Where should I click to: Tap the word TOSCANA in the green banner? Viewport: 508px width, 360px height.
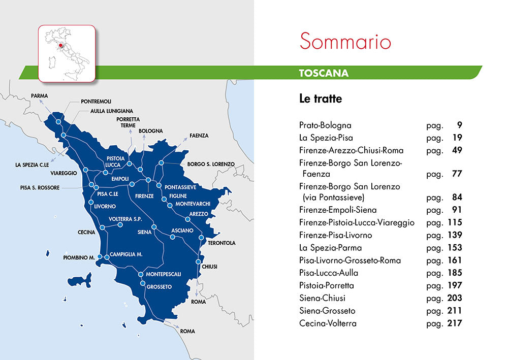pyautogui.click(x=324, y=73)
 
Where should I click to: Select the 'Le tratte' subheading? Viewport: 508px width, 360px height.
pyautogui.click(x=321, y=99)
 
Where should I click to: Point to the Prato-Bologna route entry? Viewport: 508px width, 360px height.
pyautogui.click(x=325, y=125)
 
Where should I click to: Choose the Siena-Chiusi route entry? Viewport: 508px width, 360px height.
pyautogui.click(x=322, y=298)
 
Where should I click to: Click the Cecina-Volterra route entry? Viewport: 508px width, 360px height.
pyautogui.click(x=328, y=323)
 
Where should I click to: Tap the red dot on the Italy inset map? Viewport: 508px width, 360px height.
pyautogui.click(x=60, y=45)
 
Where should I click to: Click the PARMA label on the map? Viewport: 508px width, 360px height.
pyautogui.click(x=40, y=95)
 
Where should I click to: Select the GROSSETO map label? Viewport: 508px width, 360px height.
pyautogui.click(x=159, y=287)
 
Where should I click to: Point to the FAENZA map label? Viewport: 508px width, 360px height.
pyautogui.click(x=199, y=136)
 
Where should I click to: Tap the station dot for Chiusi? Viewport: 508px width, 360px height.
pyautogui.click(x=198, y=262)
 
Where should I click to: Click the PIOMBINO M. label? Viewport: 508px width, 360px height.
pyautogui.click(x=79, y=257)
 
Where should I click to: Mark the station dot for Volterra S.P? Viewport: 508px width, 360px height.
pyautogui.click(x=120, y=224)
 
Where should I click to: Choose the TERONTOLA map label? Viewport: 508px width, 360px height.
pyautogui.click(x=221, y=243)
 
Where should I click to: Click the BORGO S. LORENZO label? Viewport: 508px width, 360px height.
pyautogui.click(x=211, y=164)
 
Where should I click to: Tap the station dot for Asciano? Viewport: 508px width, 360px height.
pyautogui.click(x=172, y=237)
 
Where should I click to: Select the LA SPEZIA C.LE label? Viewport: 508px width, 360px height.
pyautogui.click(x=31, y=165)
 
